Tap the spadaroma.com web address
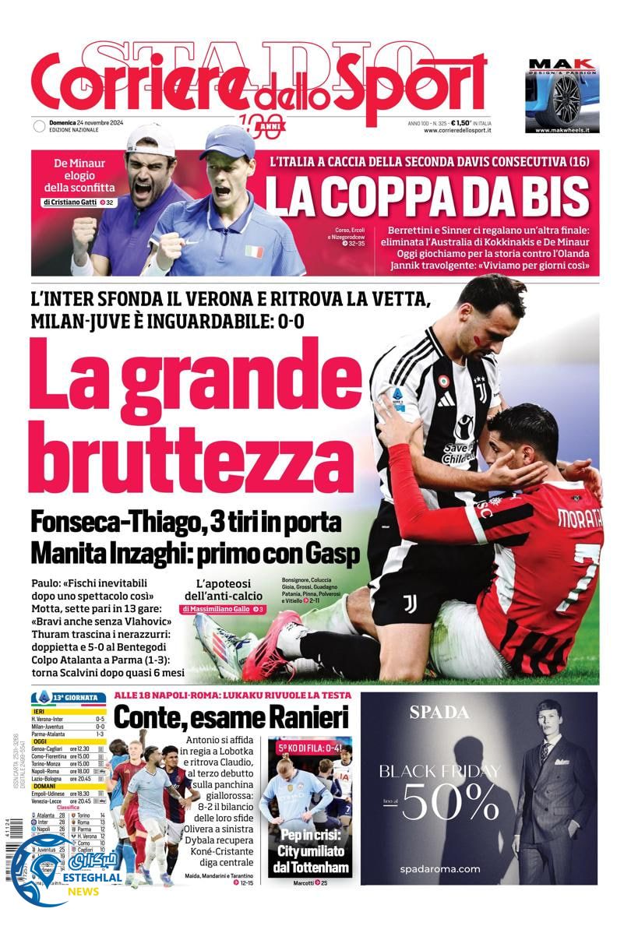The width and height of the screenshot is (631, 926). (440, 868)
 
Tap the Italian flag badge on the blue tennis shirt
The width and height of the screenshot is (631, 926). (253, 252)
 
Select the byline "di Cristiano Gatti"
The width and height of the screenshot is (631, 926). (75, 202)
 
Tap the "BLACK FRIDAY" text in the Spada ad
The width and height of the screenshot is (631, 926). (439, 771)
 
